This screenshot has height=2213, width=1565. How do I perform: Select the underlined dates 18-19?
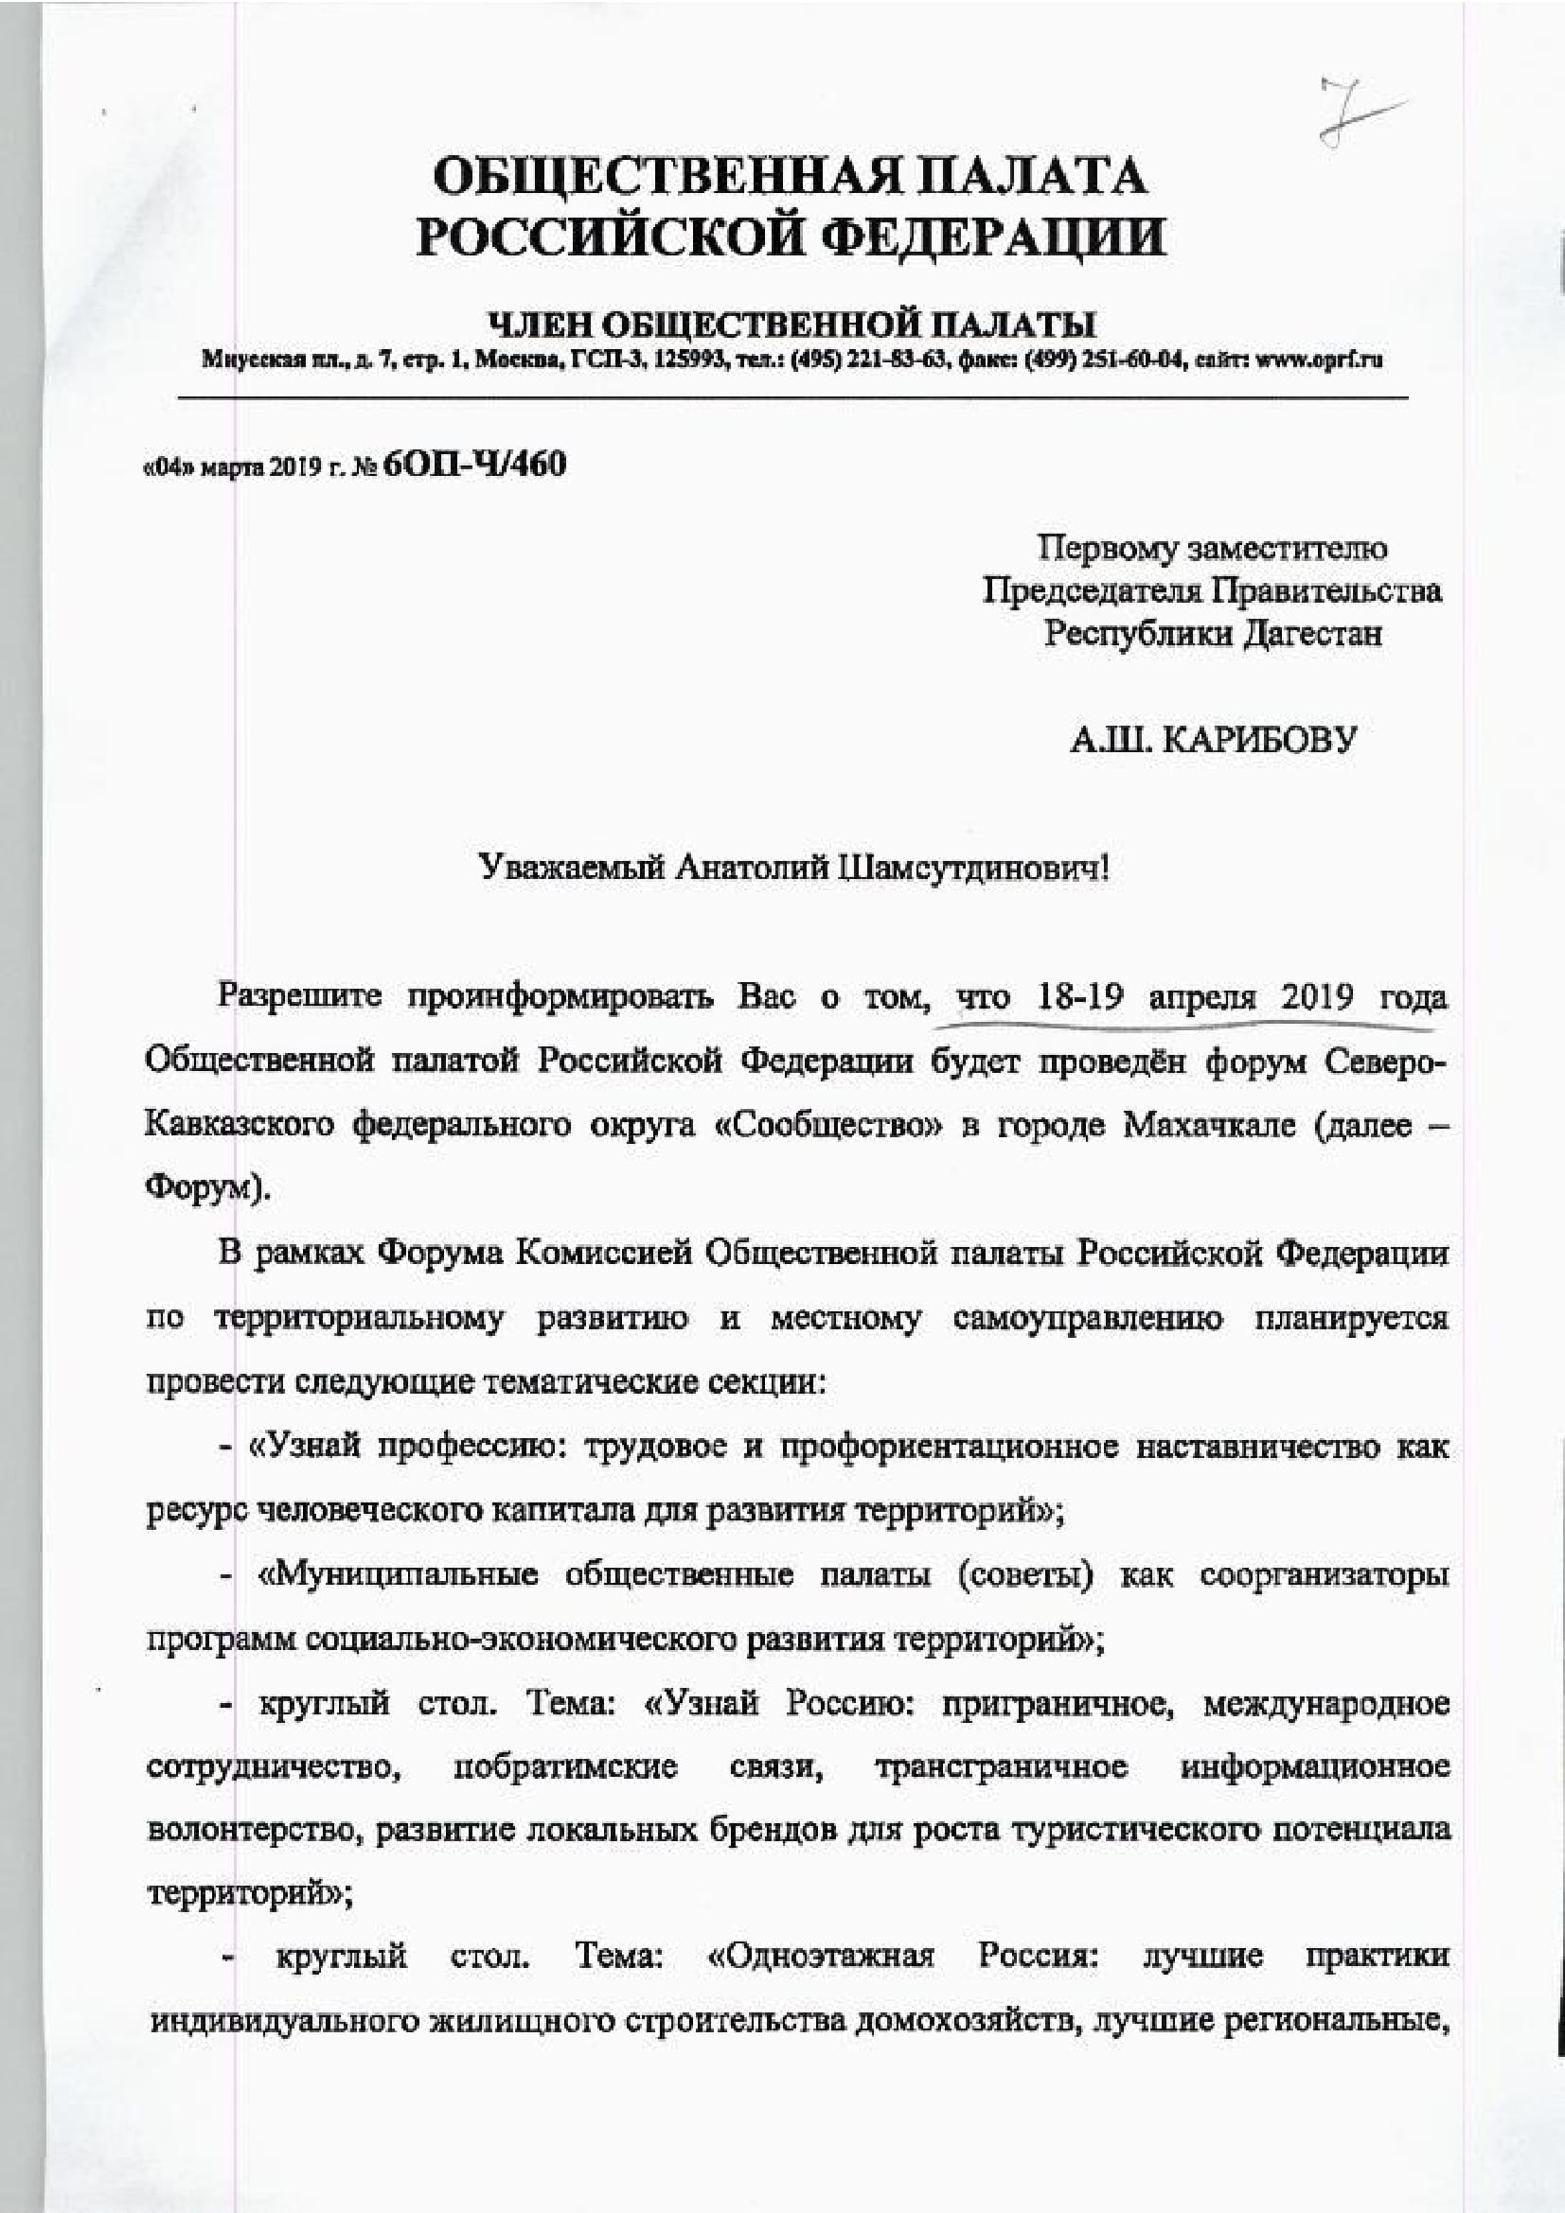coord(1080,995)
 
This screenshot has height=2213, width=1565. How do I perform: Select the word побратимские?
coord(565,1766)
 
